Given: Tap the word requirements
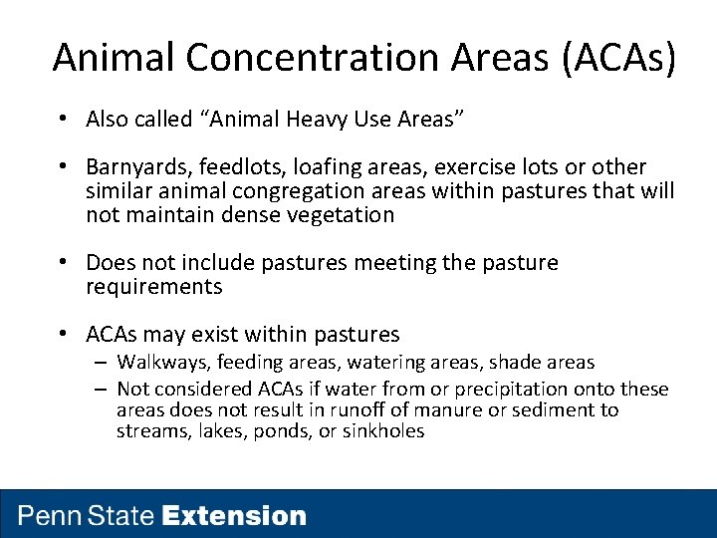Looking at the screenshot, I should [x=154, y=287].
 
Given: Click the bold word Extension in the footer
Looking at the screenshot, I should [x=234, y=516].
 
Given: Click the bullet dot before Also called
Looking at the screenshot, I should [x=62, y=120].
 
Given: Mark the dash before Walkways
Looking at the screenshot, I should [x=103, y=363].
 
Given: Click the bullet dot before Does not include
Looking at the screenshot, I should [x=62, y=263].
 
